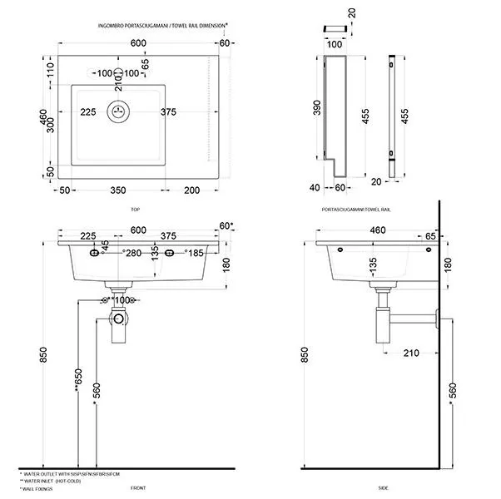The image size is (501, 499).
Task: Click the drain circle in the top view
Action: click(x=118, y=111)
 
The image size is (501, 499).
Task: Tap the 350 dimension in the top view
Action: click(x=118, y=190)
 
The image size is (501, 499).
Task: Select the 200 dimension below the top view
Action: click(x=192, y=190)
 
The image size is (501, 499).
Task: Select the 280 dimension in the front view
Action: click(x=132, y=252)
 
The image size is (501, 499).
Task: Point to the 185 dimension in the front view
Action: click(x=194, y=252)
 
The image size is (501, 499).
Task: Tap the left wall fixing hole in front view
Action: click(x=93, y=252)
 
